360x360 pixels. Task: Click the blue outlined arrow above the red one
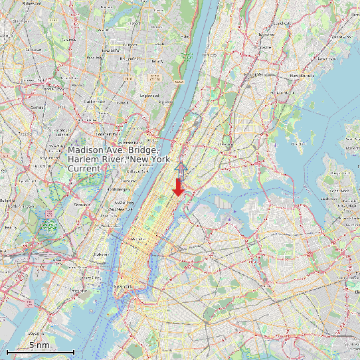[181, 167]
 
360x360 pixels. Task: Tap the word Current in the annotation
[84, 169]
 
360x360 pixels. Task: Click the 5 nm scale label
[39, 345]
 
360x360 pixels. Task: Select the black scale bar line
[40, 351]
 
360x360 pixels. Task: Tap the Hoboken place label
[102, 254]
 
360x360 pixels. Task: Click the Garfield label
[36, 106]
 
